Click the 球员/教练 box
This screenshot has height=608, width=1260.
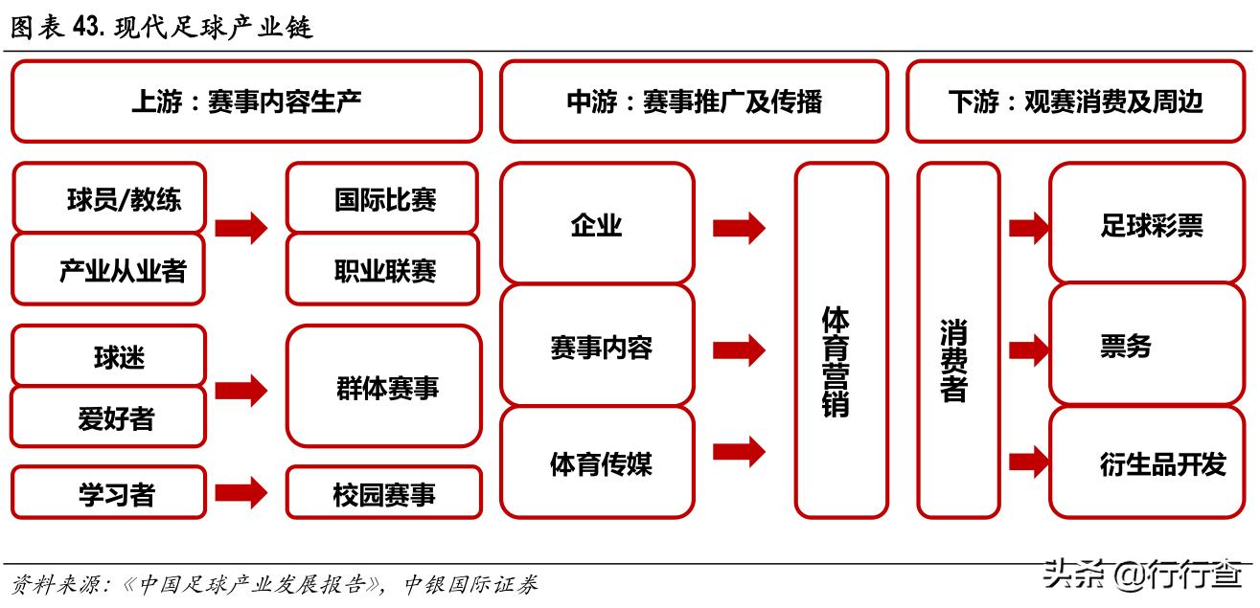click(109, 199)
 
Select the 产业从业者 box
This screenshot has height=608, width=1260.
click(109, 270)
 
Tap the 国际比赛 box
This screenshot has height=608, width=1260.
click(383, 199)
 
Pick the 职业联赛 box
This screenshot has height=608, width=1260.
click(383, 270)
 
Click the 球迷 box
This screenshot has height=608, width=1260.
click(109, 356)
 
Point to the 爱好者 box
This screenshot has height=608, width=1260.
click(109, 417)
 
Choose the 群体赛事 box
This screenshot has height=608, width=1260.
click(383, 387)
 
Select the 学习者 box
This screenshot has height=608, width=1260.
click(109, 492)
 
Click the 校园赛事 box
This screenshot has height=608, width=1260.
click(383, 492)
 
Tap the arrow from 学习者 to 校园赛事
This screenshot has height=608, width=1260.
click(241, 492)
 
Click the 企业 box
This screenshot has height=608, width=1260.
click(596, 224)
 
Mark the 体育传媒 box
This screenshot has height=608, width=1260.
click(596, 463)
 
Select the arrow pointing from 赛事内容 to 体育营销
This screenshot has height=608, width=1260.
click(739, 349)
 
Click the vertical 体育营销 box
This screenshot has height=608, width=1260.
click(840, 341)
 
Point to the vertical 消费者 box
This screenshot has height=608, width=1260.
click(957, 341)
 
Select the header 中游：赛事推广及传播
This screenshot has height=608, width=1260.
click(693, 101)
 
